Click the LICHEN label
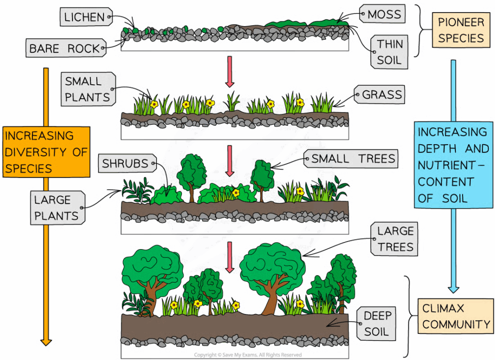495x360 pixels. pos(85,17)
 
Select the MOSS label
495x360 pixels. pos(384,15)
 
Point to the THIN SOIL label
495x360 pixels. pos(390,52)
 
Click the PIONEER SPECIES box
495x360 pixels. pos(461,30)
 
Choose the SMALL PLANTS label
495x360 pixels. pos(87,89)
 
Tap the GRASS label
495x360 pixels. pos(382,95)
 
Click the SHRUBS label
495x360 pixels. pos(125,164)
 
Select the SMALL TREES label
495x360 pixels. pos(353,158)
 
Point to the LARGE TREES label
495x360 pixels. pos(396,239)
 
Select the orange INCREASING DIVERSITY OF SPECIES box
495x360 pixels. pos(46,151)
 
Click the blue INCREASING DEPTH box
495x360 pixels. pos(452,165)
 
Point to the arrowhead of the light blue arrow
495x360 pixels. pos(453,288)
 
